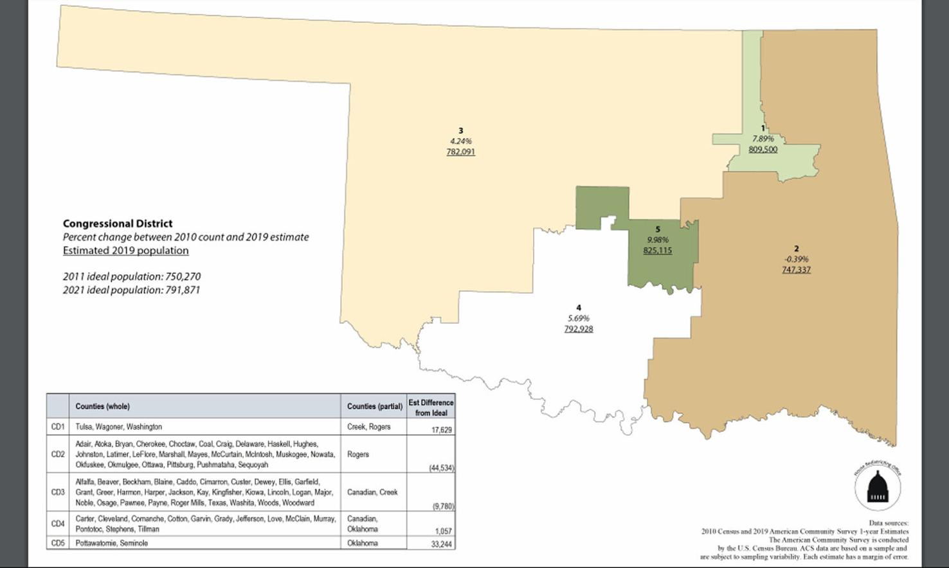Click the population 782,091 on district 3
(460, 152)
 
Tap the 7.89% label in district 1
(763, 139)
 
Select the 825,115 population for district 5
(657, 251)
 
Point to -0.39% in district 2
(796, 259)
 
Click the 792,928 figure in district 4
(579, 329)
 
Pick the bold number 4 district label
(579, 308)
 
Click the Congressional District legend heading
(118, 224)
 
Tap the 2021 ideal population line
(131, 290)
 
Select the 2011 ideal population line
(131, 276)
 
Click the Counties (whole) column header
(102, 406)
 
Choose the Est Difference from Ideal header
(431, 407)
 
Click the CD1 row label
(57, 427)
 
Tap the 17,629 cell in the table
(441, 430)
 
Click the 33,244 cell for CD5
(441, 544)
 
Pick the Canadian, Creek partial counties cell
(372, 492)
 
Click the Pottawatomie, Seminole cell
(111, 543)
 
